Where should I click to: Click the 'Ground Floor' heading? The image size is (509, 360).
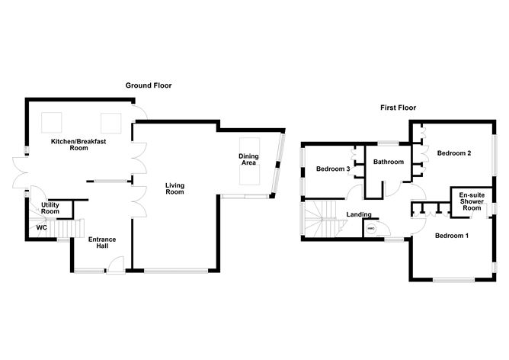[149, 85]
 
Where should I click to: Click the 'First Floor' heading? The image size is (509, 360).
[398, 108]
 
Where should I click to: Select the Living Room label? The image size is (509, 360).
[175, 188]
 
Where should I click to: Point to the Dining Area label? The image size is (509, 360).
[248, 159]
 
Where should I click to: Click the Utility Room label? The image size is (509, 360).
[50, 207]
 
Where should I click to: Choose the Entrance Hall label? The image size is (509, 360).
[102, 244]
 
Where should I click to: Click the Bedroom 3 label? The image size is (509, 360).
[333, 169]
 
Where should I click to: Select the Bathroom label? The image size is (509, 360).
[388, 162]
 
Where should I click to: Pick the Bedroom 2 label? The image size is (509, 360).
[453, 153]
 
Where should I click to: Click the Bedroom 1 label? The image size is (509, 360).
[452, 236]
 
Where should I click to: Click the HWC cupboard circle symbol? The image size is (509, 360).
[371, 228]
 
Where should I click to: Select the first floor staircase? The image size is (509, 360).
[323, 220]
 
